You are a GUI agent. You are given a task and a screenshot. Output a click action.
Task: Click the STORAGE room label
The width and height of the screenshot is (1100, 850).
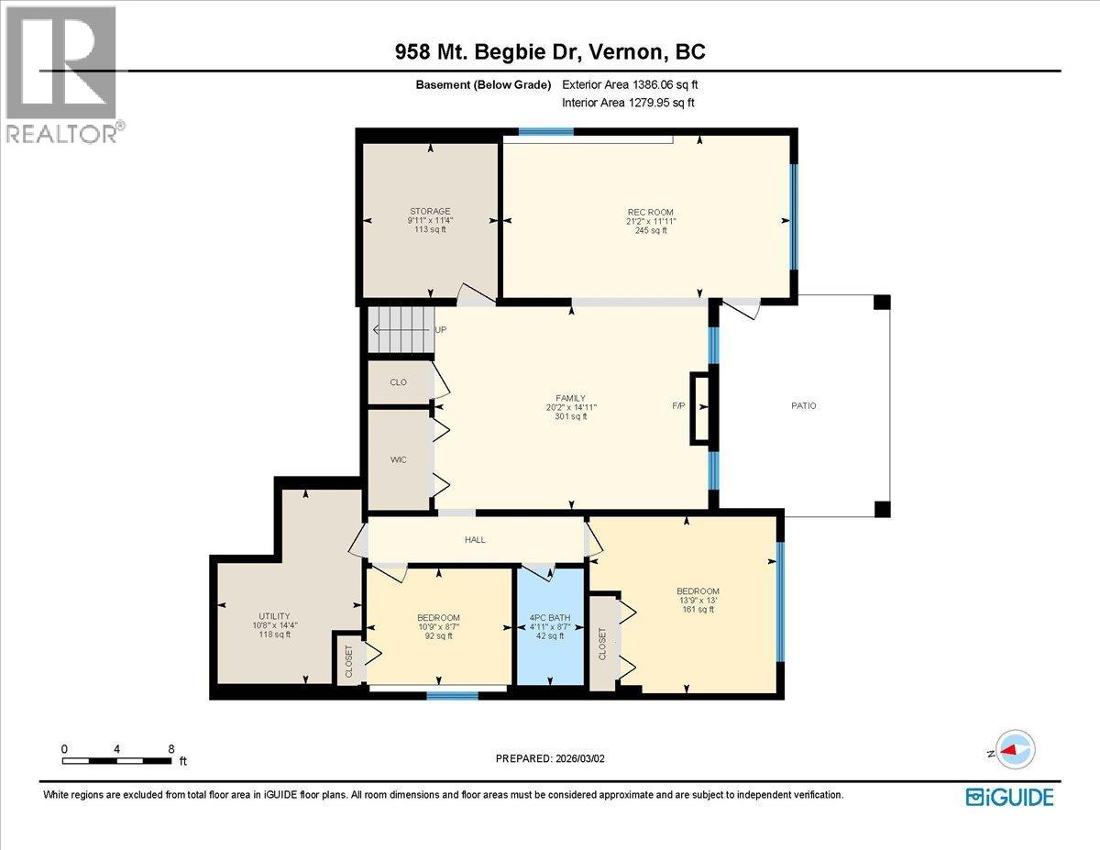coord(430,212)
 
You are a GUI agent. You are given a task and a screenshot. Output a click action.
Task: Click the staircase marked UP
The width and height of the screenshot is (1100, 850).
coord(401,330)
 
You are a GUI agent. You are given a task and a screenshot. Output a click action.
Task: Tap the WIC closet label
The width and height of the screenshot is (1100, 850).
coord(398,459)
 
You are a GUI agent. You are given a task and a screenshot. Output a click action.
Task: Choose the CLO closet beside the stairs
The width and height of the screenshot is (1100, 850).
coord(398,382)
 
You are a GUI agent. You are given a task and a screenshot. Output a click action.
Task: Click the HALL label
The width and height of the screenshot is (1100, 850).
coord(475,540)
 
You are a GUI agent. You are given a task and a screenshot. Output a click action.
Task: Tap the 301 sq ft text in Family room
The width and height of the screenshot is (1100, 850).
coord(572,416)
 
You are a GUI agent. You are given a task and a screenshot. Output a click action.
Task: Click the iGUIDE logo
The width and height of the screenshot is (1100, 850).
coord(1010,797)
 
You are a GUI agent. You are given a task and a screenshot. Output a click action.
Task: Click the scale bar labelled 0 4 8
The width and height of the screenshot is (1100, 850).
coord(117,760)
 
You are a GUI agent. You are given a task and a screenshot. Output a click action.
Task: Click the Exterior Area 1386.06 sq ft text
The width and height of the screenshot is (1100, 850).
coord(635,84)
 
